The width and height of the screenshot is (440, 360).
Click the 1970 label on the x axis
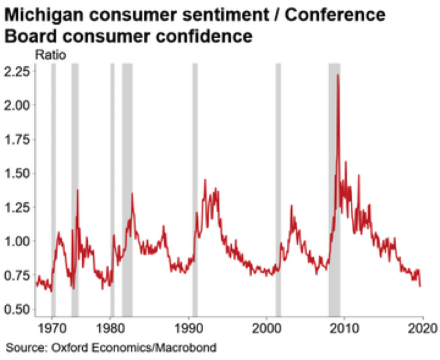pos(52,328)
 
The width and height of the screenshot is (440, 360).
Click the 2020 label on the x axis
pos(422,328)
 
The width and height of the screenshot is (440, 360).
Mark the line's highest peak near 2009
pos(338,75)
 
